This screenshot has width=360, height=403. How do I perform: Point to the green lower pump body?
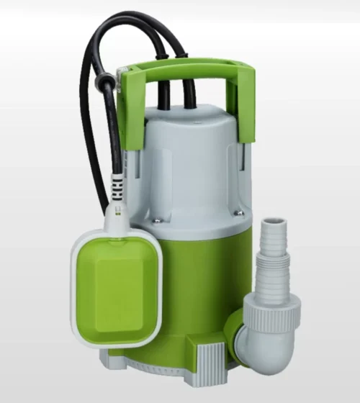coord(194,288)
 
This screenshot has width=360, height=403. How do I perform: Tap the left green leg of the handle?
coord(130,115)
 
